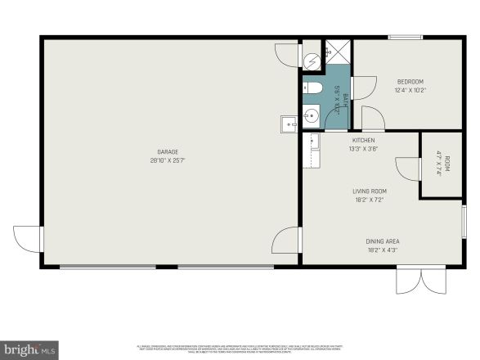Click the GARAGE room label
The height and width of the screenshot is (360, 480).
pyautogui.click(x=168, y=151)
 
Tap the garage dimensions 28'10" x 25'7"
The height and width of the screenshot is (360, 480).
pyautogui.click(x=168, y=161)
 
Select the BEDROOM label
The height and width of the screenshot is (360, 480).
pyautogui.click(x=410, y=81)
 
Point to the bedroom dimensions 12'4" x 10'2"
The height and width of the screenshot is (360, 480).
pyautogui.click(x=410, y=90)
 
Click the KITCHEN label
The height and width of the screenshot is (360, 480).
pyautogui.click(x=363, y=140)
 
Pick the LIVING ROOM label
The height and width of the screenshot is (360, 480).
pyautogui.click(x=368, y=191)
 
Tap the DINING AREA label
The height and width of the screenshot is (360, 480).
pyautogui.click(x=382, y=241)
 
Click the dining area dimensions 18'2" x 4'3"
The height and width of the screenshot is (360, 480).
pyautogui.click(x=382, y=250)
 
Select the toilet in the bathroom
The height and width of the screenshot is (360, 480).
pyautogui.click(x=315, y=88)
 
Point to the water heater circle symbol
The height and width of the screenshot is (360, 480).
pyautogui.click(x=312, y=61)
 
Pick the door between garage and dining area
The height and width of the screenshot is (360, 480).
pyautogui.click(x=289, y=241)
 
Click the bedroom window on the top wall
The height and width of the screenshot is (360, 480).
pyautogui.click(x=405, y=37)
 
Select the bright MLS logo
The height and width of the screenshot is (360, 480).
pyautogui.click(x=29, y=349)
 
